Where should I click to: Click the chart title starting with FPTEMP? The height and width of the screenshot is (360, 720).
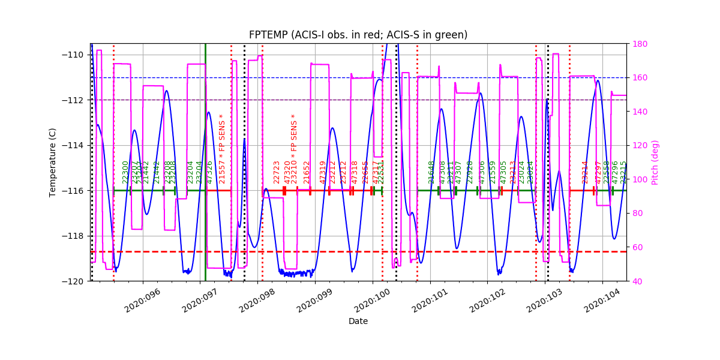tap(358, 35)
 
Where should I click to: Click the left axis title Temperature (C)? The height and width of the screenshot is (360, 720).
tap(53, 162)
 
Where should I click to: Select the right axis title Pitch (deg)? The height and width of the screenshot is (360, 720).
tap(655, 162)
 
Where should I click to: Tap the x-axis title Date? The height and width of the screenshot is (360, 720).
tap(358, 321)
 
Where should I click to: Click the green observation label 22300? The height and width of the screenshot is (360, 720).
tap(125, 172)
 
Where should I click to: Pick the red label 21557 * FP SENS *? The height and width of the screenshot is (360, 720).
tap(222, 149)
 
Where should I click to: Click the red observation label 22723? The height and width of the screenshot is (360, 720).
tap(277, 172)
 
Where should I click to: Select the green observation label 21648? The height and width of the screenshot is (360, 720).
tap(431, 172)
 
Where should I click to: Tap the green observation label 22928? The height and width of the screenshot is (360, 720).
tap(470, 172)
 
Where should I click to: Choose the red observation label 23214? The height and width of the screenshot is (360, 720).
tap(585, 172)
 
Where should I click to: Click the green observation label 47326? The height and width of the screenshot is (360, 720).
tap(209, 172)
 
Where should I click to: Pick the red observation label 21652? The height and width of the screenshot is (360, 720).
tap(307, 172)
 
